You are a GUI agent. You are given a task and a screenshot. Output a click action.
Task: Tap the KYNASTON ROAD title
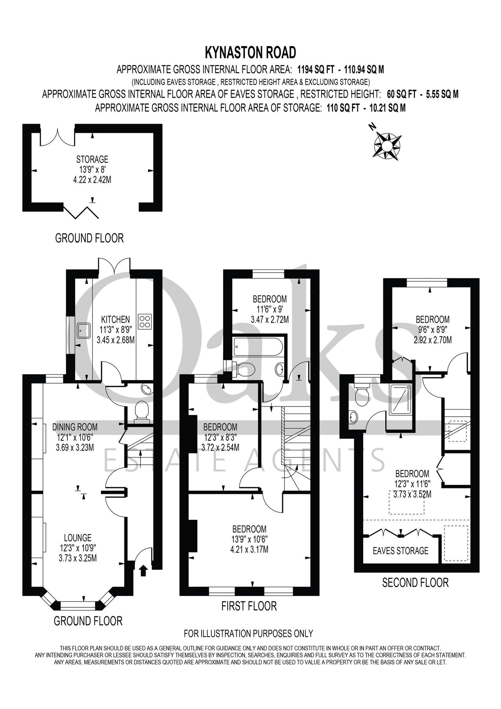(x=250, y=52)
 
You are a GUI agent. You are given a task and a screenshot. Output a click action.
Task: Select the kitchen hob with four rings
(x=146, y=321)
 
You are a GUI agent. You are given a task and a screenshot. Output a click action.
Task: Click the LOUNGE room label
(x=78, y=537)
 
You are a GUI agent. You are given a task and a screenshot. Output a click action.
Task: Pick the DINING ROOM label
(x=75, y=427)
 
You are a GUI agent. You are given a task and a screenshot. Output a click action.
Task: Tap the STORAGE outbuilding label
(x=92, y=160)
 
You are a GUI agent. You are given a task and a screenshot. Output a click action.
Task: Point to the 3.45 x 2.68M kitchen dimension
(x=116, y=340)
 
